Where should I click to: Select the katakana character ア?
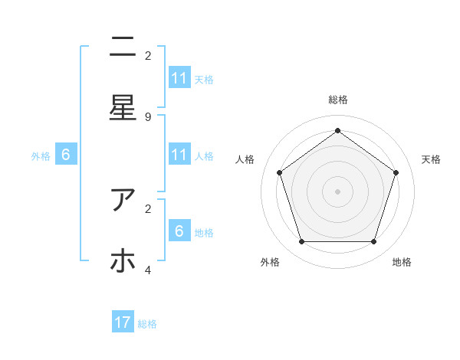[x=123, y=200]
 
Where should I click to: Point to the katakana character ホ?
[x=123, y=261]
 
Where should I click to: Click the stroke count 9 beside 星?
[x=148, y=116]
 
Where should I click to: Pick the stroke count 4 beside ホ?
[x=148, y=270]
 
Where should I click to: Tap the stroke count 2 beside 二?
[x=148, y=55]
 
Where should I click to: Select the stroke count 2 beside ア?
[x=148, y=208]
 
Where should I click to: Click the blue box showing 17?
[x=123, y=322]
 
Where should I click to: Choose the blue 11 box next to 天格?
[x=179, y=78]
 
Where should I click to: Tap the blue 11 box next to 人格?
[x=179, y=155]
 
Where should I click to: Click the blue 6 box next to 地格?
[x=179, y=231]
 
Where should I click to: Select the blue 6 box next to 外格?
[x=66, y=155]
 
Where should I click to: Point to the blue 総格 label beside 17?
[x=147, y=324]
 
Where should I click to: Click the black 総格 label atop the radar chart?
[x=337, y=100]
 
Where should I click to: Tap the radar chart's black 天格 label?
[x=431, y=159]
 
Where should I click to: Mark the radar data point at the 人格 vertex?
[x=279, y=172]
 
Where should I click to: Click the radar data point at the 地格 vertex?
[x=373, y=241]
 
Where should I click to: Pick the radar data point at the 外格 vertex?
[x=301, y=241]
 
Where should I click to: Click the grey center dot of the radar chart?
[x=337, y=191]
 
